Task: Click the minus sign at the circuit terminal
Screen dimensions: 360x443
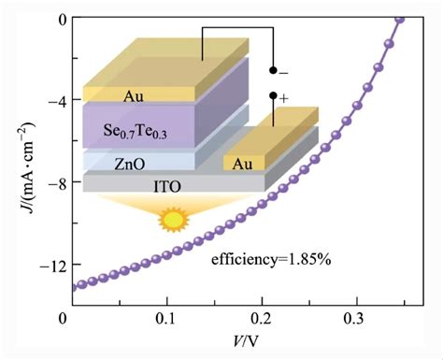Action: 284,71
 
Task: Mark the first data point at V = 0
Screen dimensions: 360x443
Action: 71,288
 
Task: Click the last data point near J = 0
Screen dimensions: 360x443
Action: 400,19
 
